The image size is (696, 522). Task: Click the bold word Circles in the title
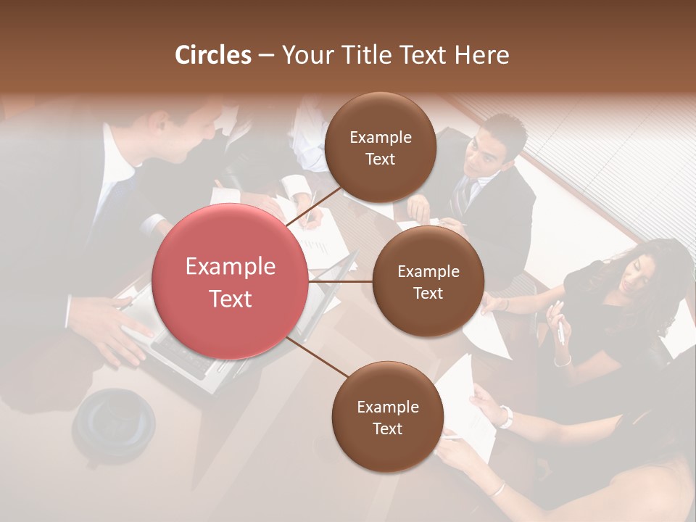point(212,55)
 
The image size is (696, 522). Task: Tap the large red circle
point(230,281)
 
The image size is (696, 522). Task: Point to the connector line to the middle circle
point(341,281)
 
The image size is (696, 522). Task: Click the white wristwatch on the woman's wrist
point(505,416)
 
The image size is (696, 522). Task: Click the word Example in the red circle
point(230,267)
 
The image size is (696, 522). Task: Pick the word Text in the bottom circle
point(387,428)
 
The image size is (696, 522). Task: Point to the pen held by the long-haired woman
point(560,330)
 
